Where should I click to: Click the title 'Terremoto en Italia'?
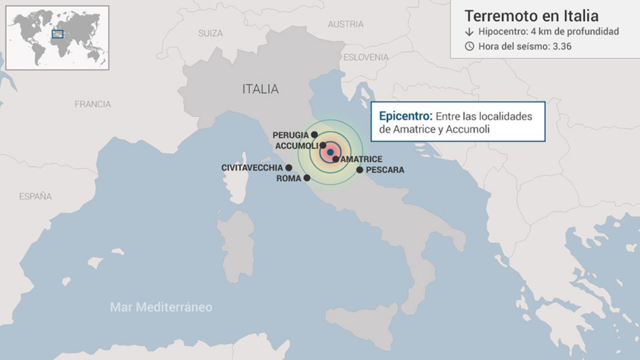coord(532,16)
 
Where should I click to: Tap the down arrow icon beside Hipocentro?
coord(469,32)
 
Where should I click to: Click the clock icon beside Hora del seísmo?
coord(469,46)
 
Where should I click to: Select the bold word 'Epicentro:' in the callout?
coord(406,116)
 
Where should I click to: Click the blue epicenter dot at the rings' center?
coord(330,152)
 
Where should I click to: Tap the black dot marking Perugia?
coord(314,135)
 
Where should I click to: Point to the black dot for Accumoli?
coord(323,145)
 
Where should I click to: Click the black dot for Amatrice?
coord(336,159)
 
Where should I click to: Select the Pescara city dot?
coord(360,170)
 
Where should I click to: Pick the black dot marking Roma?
coord(307,178)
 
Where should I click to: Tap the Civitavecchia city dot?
coord(289,168)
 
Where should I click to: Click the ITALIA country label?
coord(260,89)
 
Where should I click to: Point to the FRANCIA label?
coord(93,104)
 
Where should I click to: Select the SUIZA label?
coord(210,34)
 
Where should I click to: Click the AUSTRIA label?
coord(346,24)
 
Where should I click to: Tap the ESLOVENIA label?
coord(366,58)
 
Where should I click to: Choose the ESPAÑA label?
coord(36,196)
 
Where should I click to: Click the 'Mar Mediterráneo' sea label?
coord(161,307)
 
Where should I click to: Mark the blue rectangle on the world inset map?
coord(58,34)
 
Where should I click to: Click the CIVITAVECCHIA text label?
coord(252,168)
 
